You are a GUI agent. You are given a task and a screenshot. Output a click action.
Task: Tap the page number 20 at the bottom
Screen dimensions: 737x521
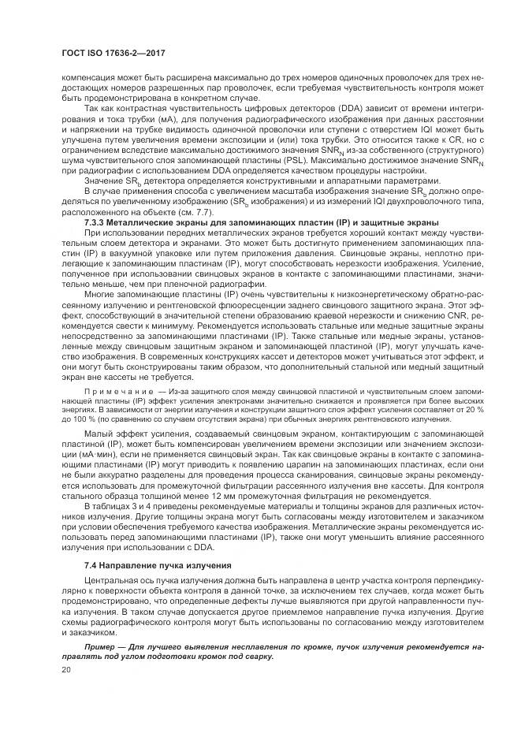[x=65, y=669]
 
